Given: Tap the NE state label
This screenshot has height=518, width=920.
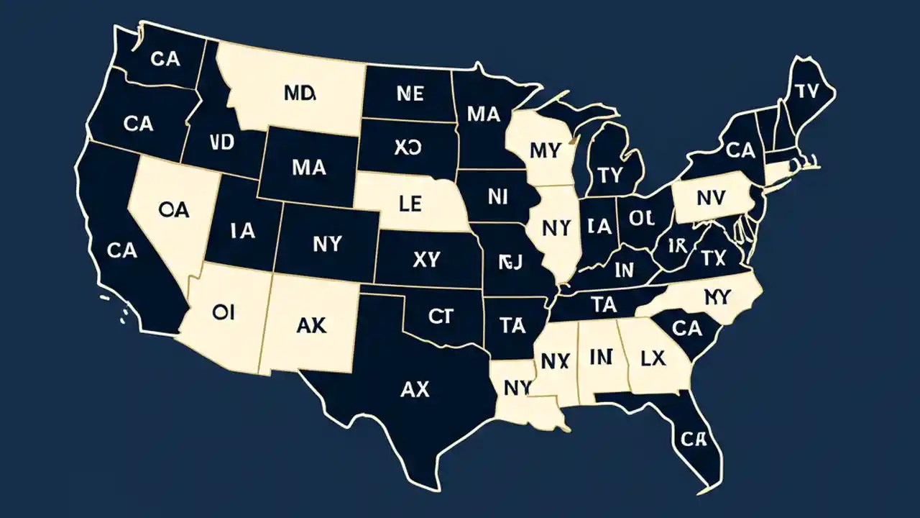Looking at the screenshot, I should pos(410,93).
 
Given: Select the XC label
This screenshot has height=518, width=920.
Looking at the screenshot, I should pos(408,147).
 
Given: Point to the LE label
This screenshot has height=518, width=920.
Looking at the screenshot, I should pos(410,204).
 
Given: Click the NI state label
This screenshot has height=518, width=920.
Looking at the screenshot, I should pos(497,196).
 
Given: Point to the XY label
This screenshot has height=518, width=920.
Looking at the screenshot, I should pos(426,260).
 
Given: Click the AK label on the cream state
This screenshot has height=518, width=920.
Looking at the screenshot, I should pos(311,325).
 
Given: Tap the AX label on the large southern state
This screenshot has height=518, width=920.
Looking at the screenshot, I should pos(414,390).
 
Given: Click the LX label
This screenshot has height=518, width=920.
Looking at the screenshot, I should pos(653,358).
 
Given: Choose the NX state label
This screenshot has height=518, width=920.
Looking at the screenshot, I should pos(554,362).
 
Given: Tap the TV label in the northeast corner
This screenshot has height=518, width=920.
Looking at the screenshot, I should pos(808,91).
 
